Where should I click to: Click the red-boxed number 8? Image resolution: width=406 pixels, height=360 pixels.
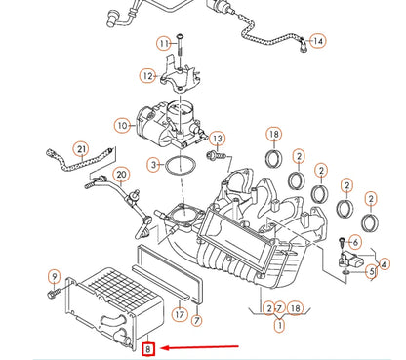point(148,349)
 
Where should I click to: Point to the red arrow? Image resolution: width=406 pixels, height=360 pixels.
point(200,347)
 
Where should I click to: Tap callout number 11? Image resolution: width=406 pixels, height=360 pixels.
point(164,43)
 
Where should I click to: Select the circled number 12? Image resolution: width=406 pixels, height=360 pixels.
point(147,75)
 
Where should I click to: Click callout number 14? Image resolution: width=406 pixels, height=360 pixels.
point(318,41)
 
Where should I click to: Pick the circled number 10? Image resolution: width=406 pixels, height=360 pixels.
point(122,125)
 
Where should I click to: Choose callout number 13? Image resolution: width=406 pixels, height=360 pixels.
point(218,139)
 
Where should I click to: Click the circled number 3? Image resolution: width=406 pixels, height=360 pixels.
point(154,165)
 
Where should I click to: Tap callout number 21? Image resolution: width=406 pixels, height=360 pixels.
point(81,149)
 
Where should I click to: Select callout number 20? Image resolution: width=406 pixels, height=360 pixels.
point(121,175)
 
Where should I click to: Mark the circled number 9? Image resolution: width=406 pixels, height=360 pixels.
point(55,277)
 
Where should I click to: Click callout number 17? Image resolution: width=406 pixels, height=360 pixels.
point(180,314)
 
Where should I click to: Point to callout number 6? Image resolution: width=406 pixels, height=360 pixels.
point(355,242)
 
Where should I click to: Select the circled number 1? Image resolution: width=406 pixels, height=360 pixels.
point(279,325)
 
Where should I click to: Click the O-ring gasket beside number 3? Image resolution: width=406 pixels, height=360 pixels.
point(181,166)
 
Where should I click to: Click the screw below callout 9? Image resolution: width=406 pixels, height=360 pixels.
point(54,293)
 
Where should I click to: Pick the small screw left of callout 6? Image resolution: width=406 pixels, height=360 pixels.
point(342,241)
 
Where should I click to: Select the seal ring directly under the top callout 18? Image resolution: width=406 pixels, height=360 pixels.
point(274,159)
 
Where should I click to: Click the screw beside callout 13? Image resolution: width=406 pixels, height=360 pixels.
point(216,155)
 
